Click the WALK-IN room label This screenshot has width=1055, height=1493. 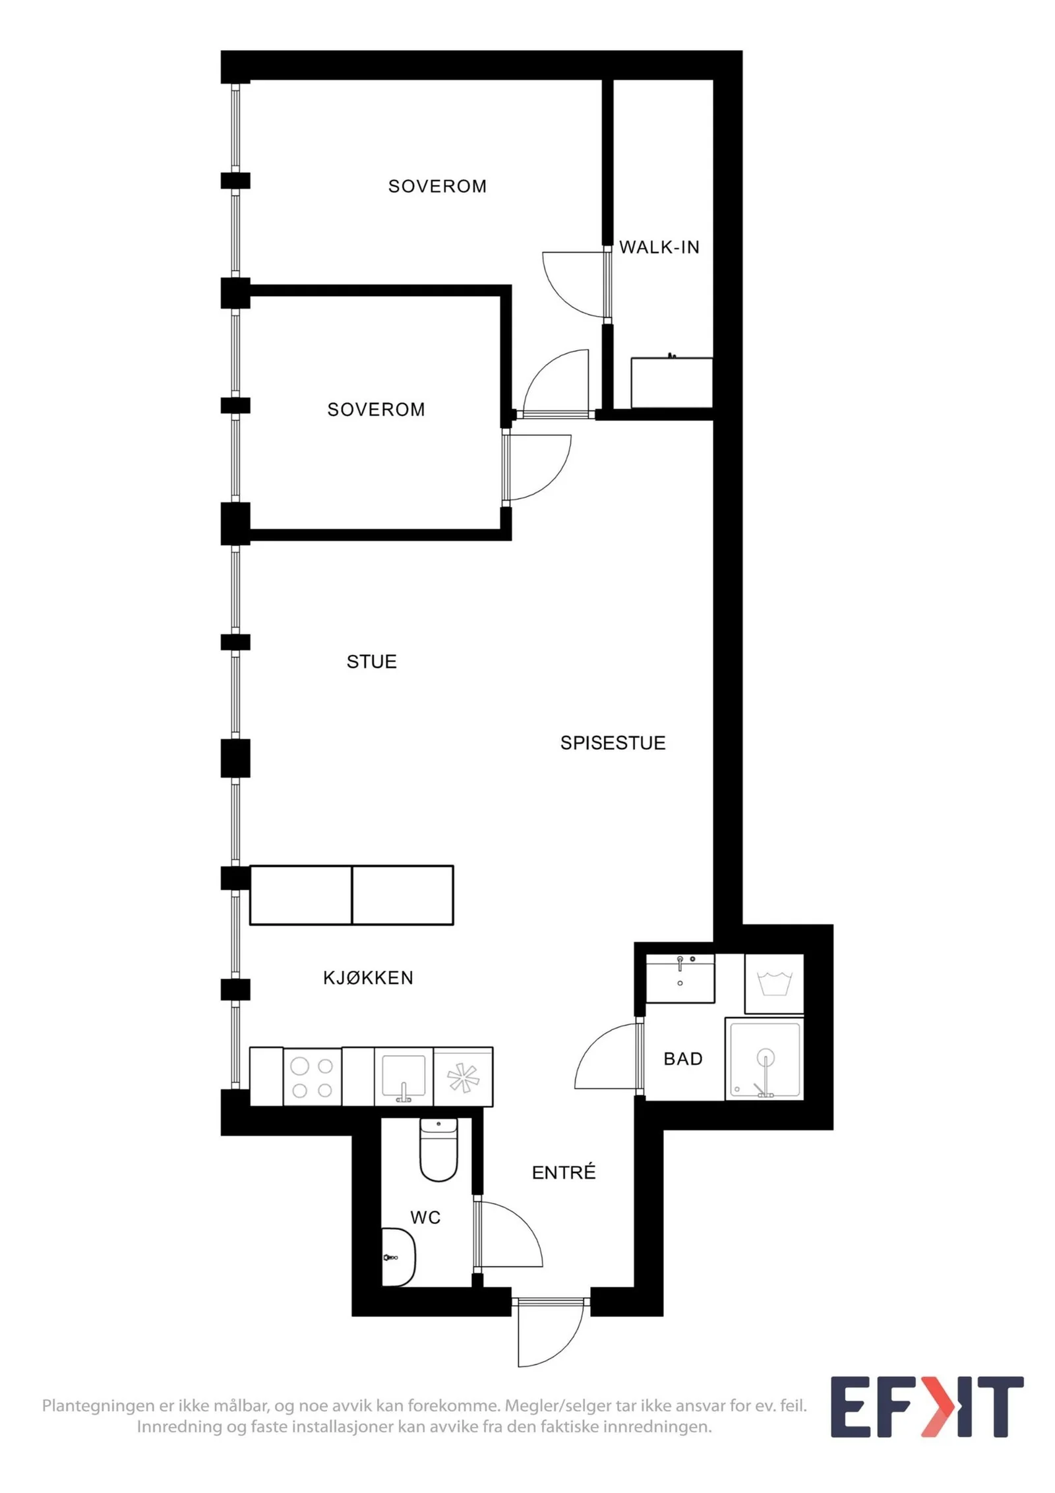pyautogui.click(x=659, y=247)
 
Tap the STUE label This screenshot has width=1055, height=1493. pyautogui.click(x=372, y=661)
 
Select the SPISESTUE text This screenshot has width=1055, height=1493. pyautogui.click(x=613, y=743)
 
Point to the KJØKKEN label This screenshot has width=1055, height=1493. pyautogui.click(x=368, y=977)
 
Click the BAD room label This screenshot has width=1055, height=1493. pyautogui.click(x=683, y=1058)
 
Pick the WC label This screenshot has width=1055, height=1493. pyautogui.click(x=425, y=1217)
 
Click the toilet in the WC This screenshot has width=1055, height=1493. pyautogui.click(x=438, y=1149)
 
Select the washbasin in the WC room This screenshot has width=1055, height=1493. pyautogui.click(x=398, y=1257)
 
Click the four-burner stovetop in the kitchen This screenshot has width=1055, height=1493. pyautogui.click(x=313, y=1076)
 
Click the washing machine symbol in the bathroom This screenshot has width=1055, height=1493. pyautogui.click(x=774, y=983)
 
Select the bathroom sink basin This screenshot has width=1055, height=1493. pyautogui.click(x=680, y=979)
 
